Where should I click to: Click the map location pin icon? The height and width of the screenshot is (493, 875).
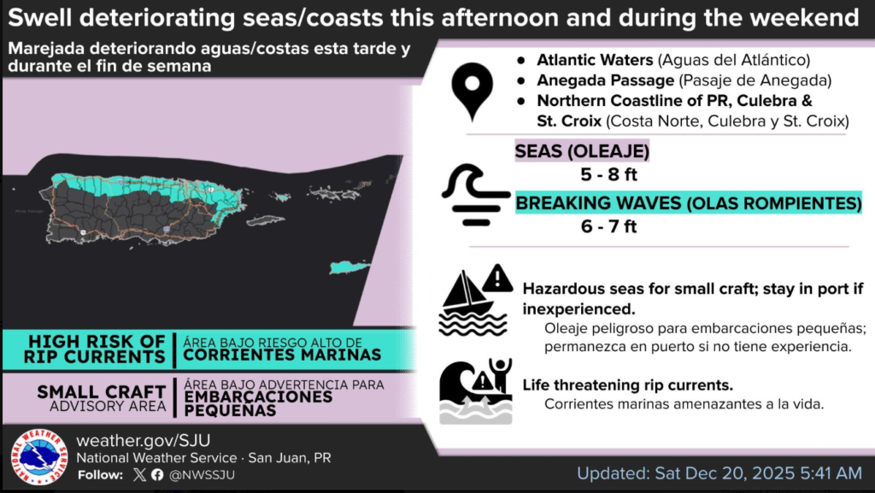[472, 89]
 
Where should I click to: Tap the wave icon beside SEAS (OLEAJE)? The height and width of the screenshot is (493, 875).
[475, 195]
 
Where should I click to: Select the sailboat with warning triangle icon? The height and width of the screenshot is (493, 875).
[476, 301]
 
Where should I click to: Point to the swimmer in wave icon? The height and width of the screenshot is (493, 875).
[475, 391]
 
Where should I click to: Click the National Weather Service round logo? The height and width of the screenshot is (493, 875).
[38, 457]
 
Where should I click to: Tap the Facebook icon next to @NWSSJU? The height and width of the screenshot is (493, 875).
[157, 474]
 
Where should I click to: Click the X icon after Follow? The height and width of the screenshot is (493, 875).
[139, 474]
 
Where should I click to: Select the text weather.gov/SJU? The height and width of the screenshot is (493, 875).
[144, 440]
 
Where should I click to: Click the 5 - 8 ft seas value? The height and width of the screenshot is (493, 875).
[608, 174]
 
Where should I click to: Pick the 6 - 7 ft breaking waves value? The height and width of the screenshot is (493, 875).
[608, 226]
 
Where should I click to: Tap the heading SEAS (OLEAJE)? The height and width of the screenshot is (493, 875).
[582, 151]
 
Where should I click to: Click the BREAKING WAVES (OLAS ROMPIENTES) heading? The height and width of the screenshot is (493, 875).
[688, 203]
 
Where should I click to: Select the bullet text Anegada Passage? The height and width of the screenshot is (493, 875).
[606, 80]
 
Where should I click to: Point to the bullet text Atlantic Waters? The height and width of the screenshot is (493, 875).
[595, 60]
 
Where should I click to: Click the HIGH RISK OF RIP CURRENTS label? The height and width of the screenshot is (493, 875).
[95, 349]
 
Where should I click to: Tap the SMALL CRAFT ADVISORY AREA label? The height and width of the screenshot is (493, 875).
[102, 398]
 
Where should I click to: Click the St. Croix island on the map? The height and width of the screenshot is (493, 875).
[349, 267]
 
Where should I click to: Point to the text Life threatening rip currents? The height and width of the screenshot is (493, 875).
[628, 385]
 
